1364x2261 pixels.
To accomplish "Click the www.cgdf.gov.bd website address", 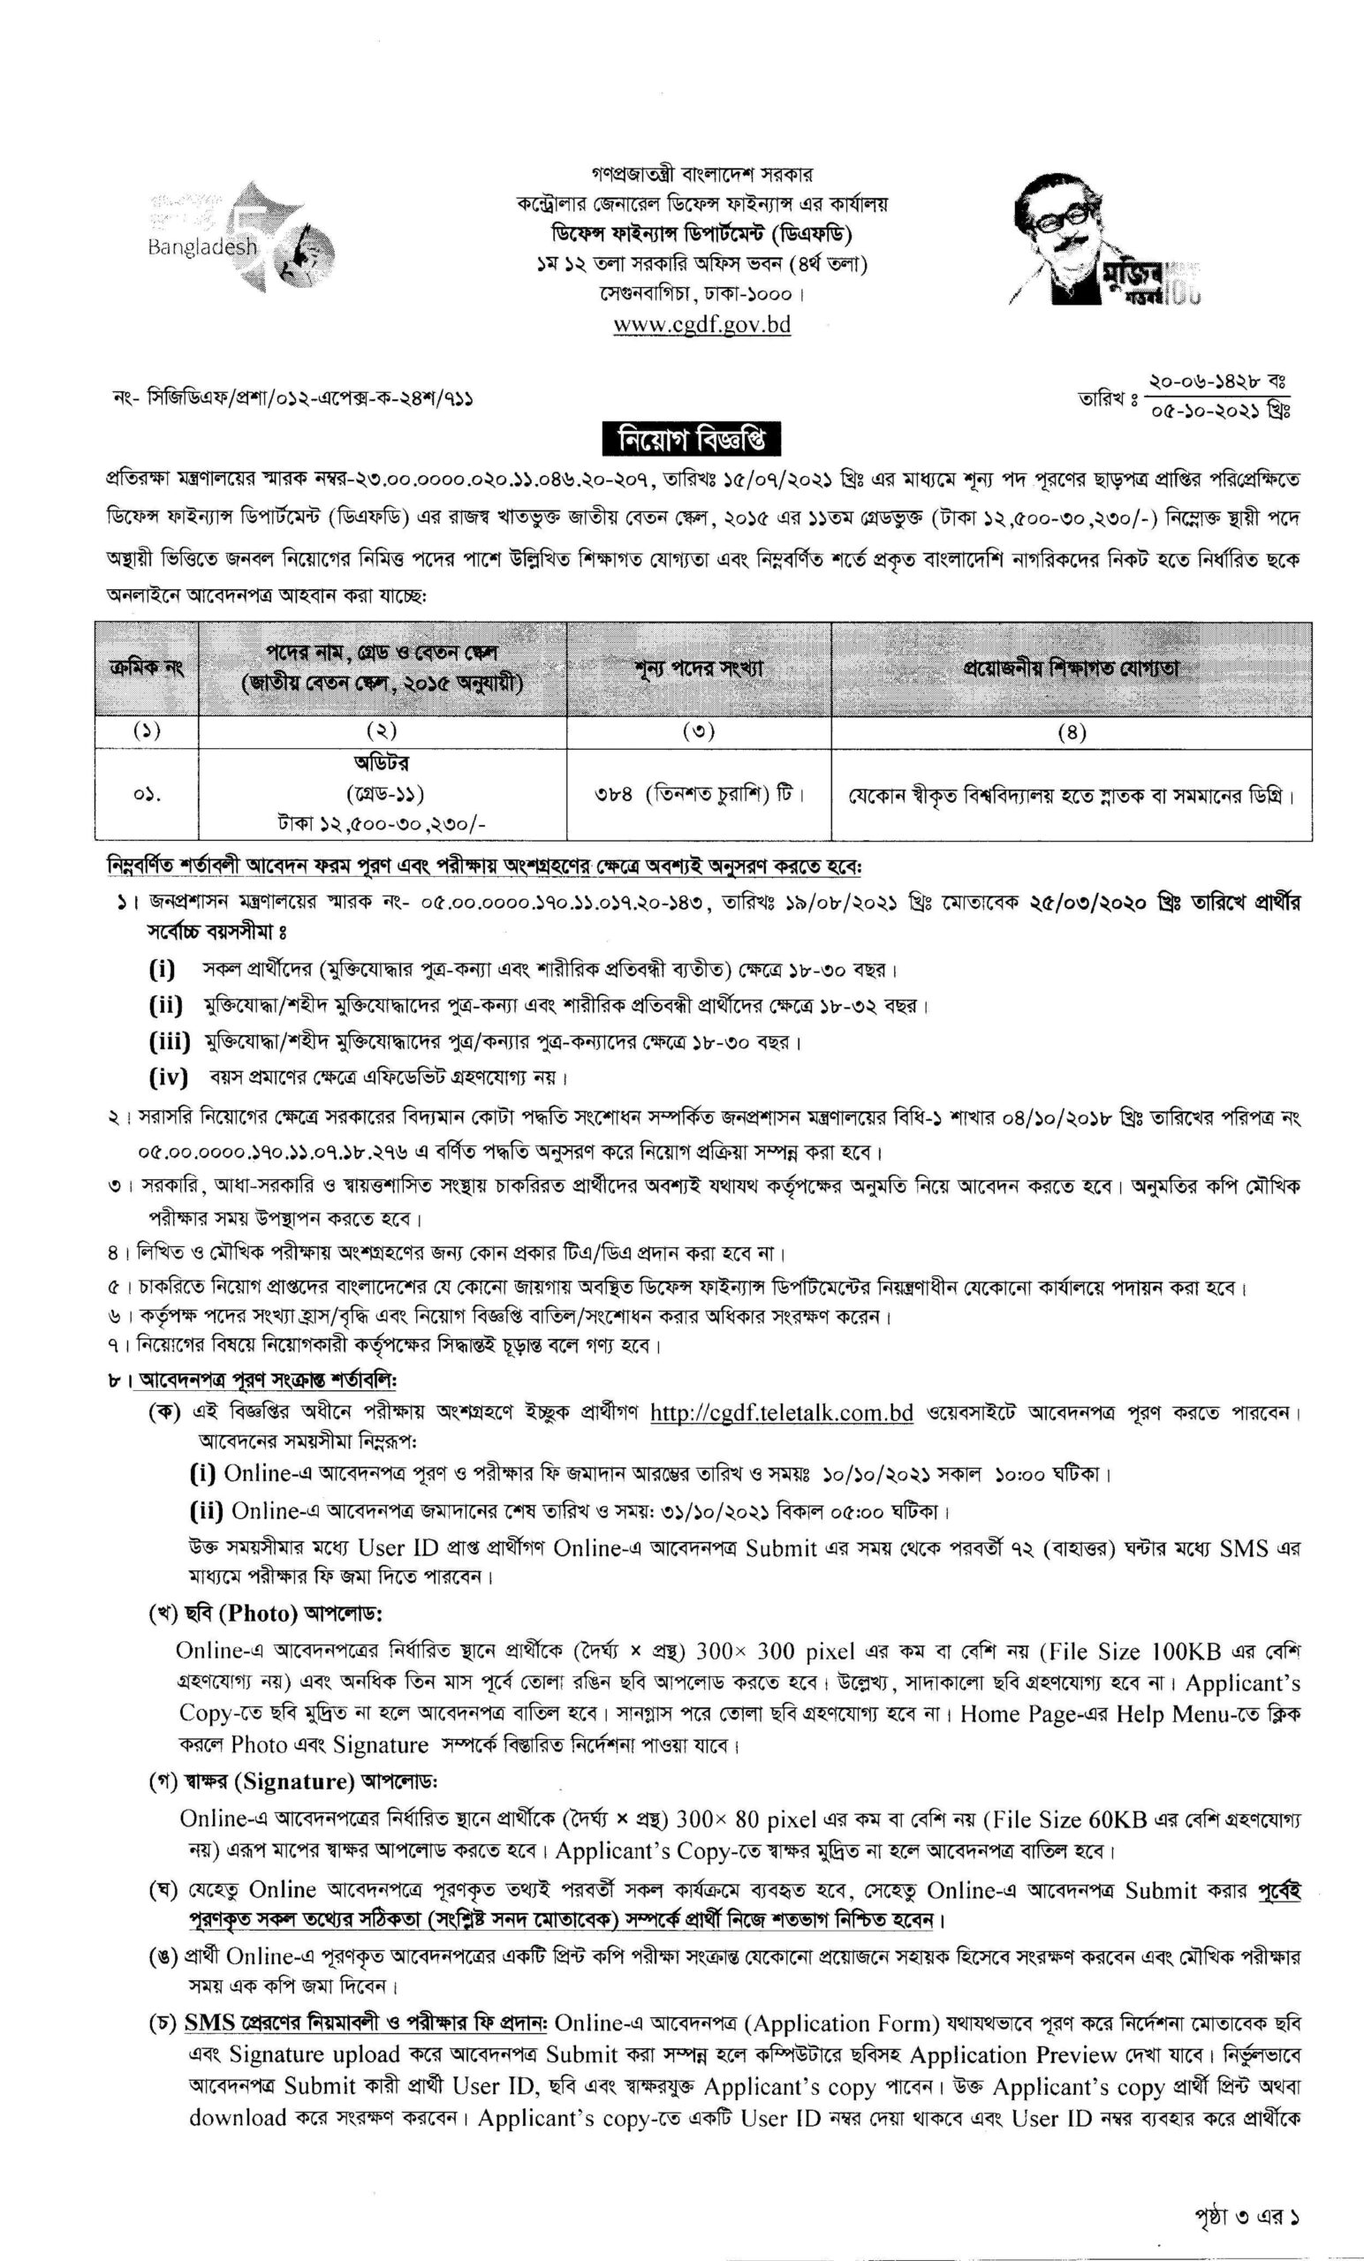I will click(701, 325).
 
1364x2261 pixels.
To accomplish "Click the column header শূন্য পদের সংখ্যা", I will click(699, 669).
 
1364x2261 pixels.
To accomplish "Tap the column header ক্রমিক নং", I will click(147, 669).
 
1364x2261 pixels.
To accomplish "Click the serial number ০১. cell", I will click(147, 793).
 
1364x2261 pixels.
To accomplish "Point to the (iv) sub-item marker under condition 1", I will click(168, 1077).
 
